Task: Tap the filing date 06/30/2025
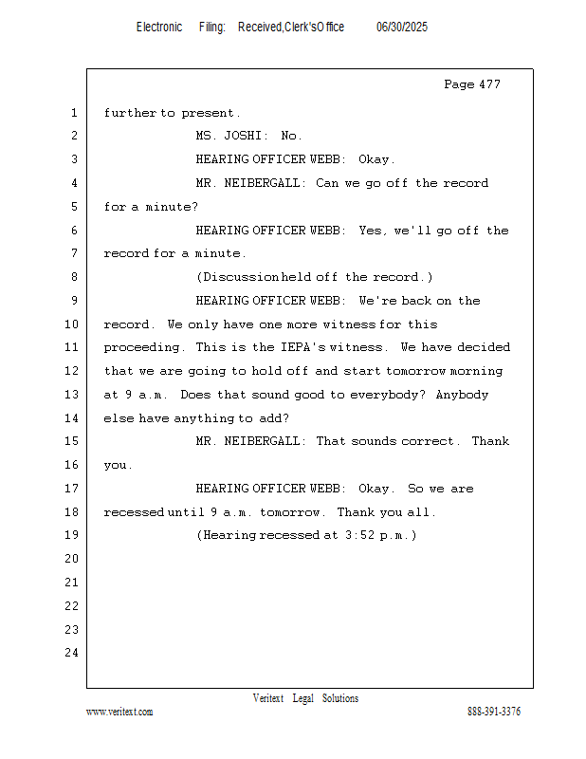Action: (402, 28)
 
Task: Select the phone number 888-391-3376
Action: (494, 712)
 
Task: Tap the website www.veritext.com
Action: (119, 712)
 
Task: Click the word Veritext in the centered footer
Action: (268, 698)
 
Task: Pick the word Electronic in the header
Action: (159, 28)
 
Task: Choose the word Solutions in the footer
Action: (340, 698)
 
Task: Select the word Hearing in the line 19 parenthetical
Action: (229, 536)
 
